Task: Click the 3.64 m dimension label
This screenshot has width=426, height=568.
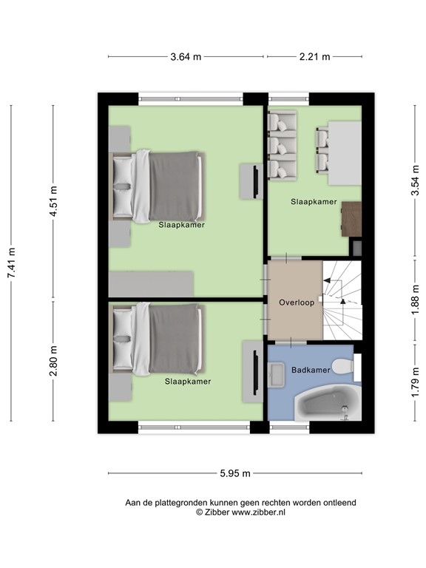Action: pos(186,56)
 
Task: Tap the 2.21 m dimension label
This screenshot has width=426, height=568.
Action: pos(314,56)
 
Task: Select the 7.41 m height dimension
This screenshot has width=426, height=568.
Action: pos(11,263)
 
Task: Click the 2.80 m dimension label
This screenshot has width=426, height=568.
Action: pos(53,360)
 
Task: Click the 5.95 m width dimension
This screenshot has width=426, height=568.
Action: pos(234,473)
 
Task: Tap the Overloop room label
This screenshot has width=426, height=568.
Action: pos(297,302)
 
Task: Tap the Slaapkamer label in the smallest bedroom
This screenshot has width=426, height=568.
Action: pos(314,201)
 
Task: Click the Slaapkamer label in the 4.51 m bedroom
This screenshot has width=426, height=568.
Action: pos(181,225)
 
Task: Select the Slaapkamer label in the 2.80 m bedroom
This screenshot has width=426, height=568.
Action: pos(187,382)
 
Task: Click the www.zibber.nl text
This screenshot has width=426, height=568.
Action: pos(260,512)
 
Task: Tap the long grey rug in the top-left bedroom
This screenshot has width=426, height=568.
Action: pos(152,283)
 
